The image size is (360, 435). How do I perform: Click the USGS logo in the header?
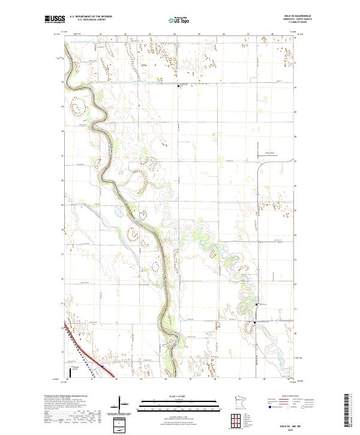[x=55, y=20]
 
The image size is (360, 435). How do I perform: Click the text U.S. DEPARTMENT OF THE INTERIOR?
[x=91, y=17]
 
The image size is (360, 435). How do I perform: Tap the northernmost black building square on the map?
[x=178, y=86]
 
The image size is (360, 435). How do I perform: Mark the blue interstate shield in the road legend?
[x=266, y=410]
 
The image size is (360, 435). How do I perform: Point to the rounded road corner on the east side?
[x=260, y=166]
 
